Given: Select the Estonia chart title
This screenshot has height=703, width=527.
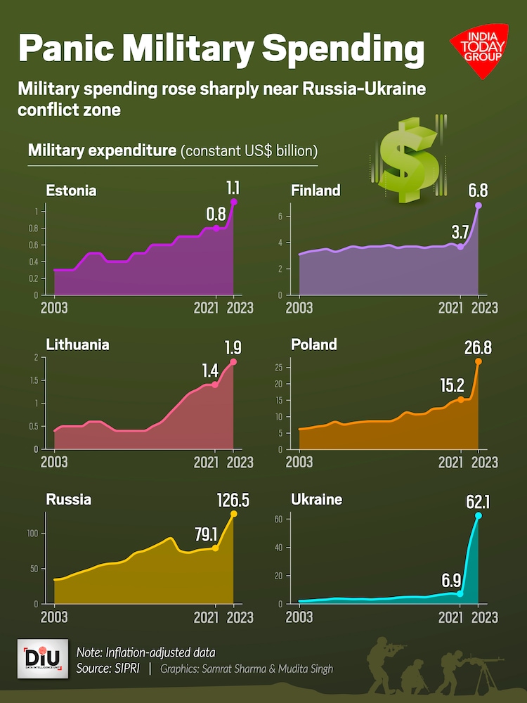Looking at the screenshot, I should [x=71, y=191].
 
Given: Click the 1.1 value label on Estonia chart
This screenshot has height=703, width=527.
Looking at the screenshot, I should [x=233, y=188].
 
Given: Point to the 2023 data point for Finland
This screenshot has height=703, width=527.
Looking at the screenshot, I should [x=479, y=205].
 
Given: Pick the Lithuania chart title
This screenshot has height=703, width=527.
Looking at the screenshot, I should [x=77, y=345].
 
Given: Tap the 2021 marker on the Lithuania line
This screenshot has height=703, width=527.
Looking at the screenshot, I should [x=215, y=385].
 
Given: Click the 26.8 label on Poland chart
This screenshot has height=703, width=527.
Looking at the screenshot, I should [x=479, y=347].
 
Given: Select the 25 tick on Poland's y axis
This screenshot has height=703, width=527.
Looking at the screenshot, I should [x=278, y=367].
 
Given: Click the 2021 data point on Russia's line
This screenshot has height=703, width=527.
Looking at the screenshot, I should [x=215, y=548].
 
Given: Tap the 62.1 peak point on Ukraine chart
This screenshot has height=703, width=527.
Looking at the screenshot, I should [x=479, y=515].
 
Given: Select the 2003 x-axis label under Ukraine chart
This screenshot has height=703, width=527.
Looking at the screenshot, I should [x=300, y=617].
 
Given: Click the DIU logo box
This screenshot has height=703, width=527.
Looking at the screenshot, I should [x=42, y=659].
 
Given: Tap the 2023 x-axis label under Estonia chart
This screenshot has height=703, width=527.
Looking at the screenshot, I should [x=240, y=307].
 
